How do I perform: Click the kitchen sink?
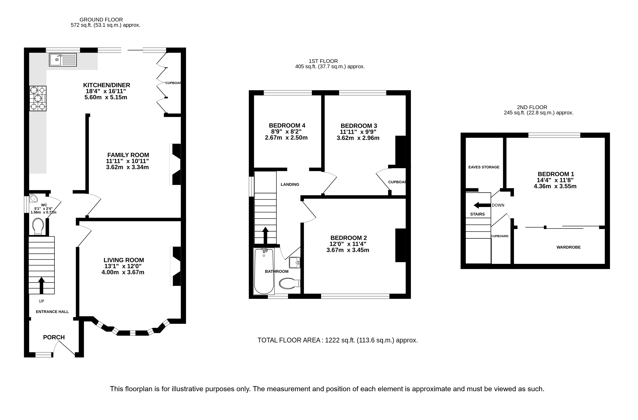[63, 60]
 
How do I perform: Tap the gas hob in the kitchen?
[38, 98]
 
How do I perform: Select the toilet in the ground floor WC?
[38, 227]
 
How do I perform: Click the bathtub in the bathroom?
[264, 271]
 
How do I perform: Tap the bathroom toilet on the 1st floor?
[290, 283]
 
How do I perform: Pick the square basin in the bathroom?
[295, 262]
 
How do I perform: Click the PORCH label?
[54, 337]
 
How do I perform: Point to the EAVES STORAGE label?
[484, 167]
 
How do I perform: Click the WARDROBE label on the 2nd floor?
[568, 247]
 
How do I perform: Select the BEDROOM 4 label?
[287, 126]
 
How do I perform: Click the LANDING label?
[290, 184]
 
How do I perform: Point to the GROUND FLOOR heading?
[101, 20]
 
